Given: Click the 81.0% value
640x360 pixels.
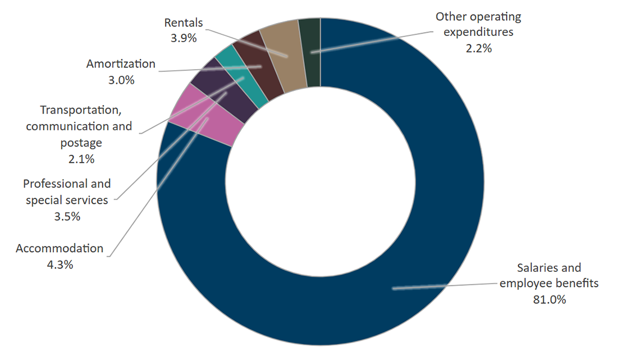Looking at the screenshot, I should click(549, 299).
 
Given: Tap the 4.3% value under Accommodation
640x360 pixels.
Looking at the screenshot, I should click(60, 265).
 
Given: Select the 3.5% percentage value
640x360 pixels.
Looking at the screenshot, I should click(67, 216).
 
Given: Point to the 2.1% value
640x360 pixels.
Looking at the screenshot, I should click(81, 159).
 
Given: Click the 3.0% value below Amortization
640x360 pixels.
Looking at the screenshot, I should click(121, 80).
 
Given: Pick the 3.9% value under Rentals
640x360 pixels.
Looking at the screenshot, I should click(183, 39).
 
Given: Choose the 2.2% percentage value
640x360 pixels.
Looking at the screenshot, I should click(478, 48).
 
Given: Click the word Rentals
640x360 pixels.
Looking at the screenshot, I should click(184, 23).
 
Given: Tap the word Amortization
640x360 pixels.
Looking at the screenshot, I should click(121, 64).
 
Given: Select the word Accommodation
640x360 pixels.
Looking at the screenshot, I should click(60, 248).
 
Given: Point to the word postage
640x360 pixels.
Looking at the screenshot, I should click(81, 143).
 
